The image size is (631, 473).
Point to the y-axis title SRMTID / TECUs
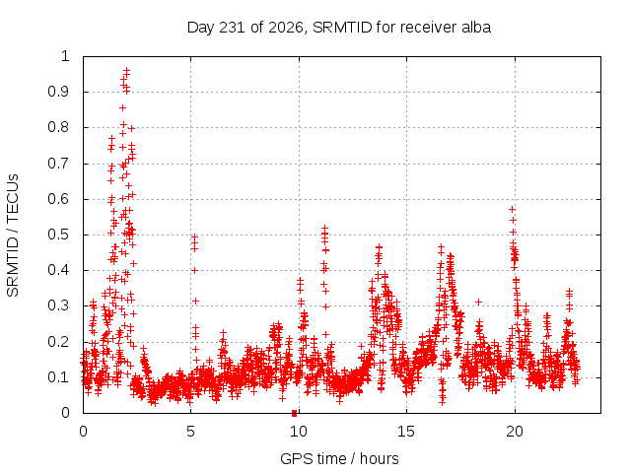[x=13, y=236]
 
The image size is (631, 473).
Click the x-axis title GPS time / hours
[x=339, y=458]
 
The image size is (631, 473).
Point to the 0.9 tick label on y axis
[x=58, y=92]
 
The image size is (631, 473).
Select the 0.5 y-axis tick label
[x=58, y=235]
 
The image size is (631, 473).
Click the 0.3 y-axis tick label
[x=58, y=306]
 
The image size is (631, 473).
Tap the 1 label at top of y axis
[x=65, y=56]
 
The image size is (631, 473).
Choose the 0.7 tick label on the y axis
[x=58, y=164]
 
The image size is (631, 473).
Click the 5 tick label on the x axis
[x=190, y=432]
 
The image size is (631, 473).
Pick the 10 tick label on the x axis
[x=299, y=432]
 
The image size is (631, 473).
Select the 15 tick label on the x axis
[x=406, y=432]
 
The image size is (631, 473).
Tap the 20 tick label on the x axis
[x=515, y=432]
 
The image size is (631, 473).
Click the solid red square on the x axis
[x=294, y=413]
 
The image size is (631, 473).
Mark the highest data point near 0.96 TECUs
[x=127, y=70]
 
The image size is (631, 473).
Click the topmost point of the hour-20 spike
[x=512, y=209]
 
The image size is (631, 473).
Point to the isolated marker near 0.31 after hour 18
[x=478, y=302]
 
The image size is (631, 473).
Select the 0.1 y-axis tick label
[x=58, y=377]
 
